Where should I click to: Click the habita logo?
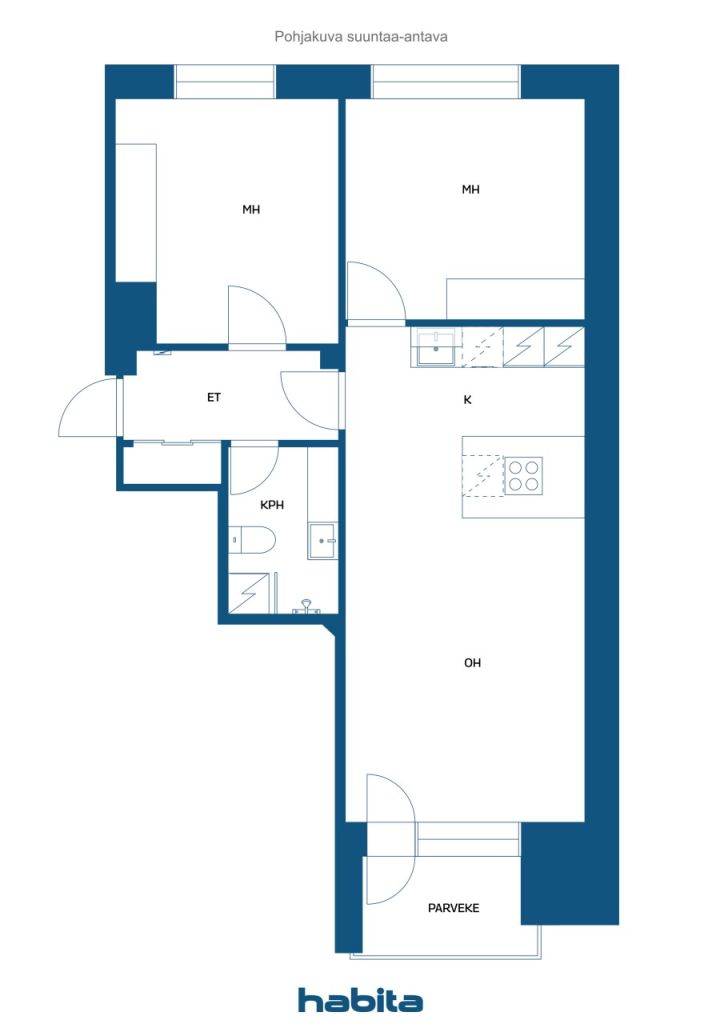[360, 1000]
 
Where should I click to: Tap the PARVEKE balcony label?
[453, 908]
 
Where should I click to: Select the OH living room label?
[472, 663]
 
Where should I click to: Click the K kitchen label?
[467, 400]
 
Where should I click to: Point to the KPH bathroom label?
[272, 505]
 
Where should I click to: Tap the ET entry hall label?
[213, 397]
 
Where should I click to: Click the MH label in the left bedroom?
[251, 210]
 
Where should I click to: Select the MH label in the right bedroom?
[470, 189]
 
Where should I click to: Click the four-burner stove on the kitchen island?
[524, 475]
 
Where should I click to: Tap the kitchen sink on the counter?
[436, 347]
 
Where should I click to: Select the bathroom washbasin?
[323, 541]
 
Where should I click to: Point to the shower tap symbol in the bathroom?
[306, 607]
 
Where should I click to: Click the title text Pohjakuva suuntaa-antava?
[361, 37]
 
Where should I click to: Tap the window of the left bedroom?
[225, 82]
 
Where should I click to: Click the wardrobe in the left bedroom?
[136, 213]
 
